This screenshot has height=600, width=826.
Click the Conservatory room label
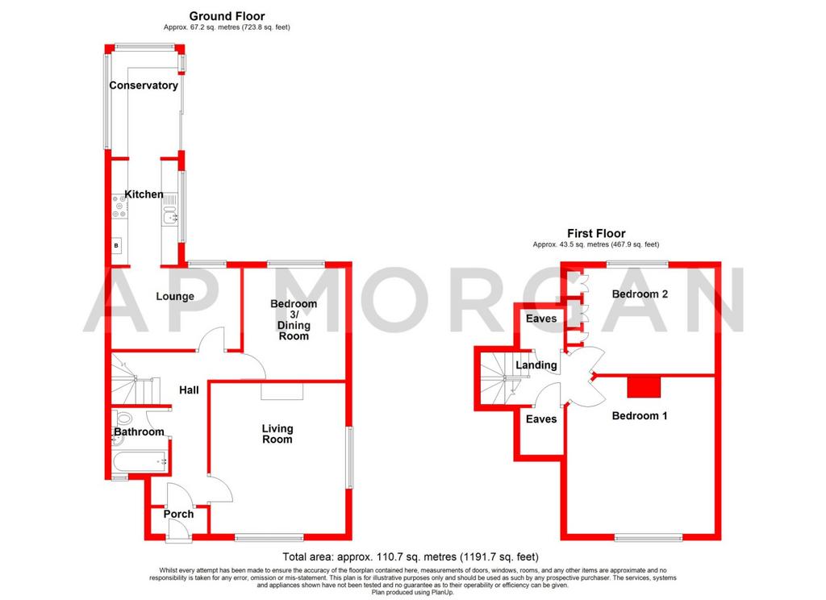pyautogui.click(x=144, y=85)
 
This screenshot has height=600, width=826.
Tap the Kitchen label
pyautogui.click(x=144, y=194)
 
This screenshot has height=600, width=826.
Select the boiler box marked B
pyautogui.click(x=116, y=245)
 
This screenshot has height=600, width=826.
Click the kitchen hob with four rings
pyautogui.click(x=119, y=206)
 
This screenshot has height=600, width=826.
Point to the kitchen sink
pyautogui.click(x=170, y=216)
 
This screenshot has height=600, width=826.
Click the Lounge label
pyautogui.click(x=175, y=297)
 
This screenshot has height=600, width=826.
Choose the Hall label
pyautogui.click(x=189, y=390)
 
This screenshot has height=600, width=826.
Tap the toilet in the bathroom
pyautogui.click(x=123, y=419)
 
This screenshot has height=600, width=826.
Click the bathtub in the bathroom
pyautogui.click(x=140, y=462)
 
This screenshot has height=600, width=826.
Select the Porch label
pyautogui.click(x=178, y=515)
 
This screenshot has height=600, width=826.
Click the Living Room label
pyautogui.click(x=277, y=434)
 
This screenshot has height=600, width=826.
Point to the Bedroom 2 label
pyautogui.click(x=640, y=294)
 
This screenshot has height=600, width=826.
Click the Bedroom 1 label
pyautogui.click(x=640, y=415)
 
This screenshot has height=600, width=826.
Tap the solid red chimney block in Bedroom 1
pyautogui.click(x=644, y=387)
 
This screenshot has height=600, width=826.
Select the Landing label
pyautogui.click(x=536, y=365)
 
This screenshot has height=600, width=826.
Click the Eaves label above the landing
pyautogui.click(x=541, y=319)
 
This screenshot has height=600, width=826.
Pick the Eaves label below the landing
pyautogui.click(x=541, y=419)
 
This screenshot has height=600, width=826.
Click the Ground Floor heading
pyautogui.click(x=227, y=16)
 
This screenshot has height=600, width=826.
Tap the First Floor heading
pyautogui.click(x=596, y=233)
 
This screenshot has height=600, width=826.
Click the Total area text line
pyautogui.click(x=411, y=556)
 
